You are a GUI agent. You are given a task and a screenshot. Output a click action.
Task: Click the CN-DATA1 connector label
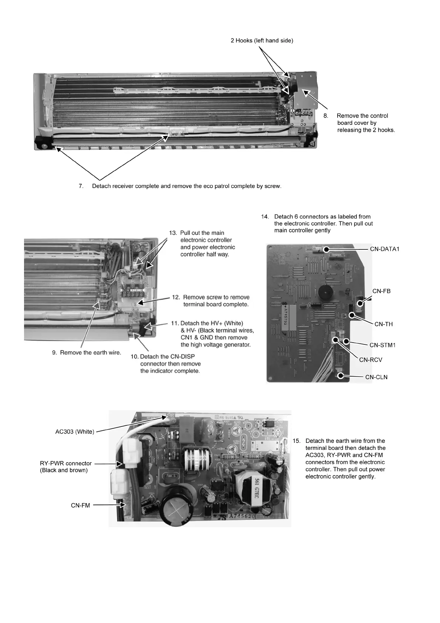coord(385,249)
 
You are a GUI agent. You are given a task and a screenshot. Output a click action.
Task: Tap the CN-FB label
coord(381,291)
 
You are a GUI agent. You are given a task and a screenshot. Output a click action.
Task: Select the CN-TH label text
coord(383,324)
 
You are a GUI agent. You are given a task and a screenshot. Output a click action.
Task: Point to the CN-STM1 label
coord(383,345)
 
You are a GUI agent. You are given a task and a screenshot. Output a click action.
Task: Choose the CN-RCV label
coord(370,360)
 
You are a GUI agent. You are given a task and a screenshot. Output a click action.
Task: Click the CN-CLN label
coord(376,377)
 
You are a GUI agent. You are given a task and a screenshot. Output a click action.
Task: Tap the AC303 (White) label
coord(75,432)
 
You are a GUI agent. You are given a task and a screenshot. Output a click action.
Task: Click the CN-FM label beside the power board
coord(80,505)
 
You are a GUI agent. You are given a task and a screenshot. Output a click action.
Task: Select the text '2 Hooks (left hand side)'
coord(262,41)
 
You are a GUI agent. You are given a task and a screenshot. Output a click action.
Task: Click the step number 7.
coord(81,186)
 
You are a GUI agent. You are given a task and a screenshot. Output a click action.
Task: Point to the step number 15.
coord(297,441)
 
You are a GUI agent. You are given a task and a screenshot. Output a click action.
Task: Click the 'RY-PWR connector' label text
coord(65,463)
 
